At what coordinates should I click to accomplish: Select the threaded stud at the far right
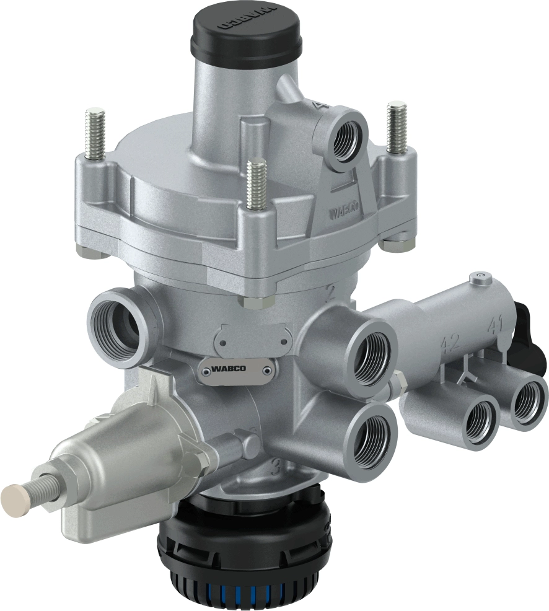[x=396, y=127]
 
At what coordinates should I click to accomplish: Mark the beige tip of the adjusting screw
[x=15, y=496]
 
